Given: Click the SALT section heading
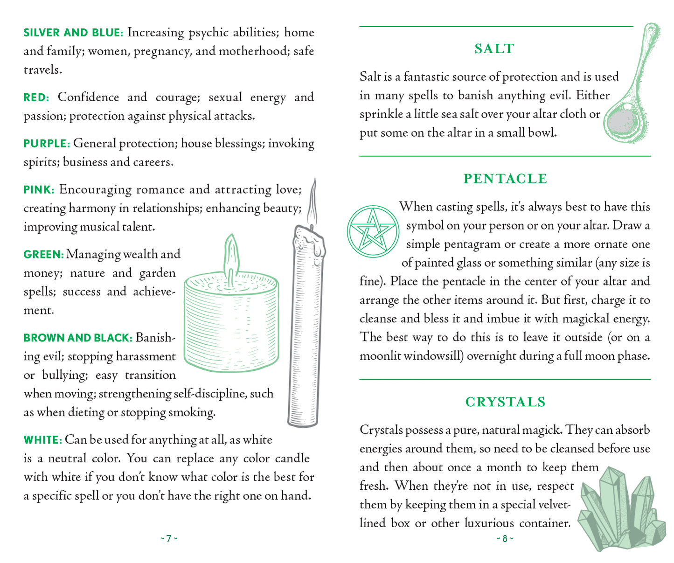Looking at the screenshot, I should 494,49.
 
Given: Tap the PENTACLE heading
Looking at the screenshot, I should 505,179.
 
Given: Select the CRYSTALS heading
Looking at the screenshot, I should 505,402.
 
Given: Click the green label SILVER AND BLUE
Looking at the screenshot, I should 73,33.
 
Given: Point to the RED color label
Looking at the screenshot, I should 36,97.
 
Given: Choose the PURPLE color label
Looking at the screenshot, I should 47,144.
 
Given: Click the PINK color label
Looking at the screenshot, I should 39,190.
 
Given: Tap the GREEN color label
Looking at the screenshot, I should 43,255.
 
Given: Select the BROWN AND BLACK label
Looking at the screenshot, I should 78,338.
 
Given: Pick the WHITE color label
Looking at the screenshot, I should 42,440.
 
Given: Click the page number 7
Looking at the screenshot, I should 169,539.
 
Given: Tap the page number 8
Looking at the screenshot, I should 505,539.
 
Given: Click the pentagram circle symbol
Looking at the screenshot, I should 372,231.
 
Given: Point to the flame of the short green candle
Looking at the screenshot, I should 231,254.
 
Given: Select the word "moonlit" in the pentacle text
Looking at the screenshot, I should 380,356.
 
